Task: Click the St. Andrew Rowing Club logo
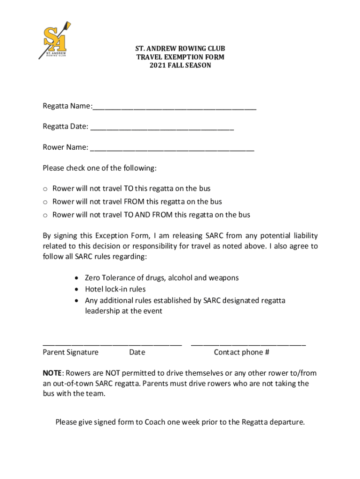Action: (54, 41)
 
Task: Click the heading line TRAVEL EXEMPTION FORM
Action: (180, 57)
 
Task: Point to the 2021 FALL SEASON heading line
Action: (180, 65)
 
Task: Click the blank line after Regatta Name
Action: (174, 108)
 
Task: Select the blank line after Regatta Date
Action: (162, 128)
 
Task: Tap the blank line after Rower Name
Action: (172, 149)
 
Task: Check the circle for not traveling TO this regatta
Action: (46, 189)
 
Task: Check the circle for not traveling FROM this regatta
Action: (46, 202)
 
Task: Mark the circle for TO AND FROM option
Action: (46, 215)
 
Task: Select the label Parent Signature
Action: (71, 352)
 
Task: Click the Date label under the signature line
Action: (137, 352)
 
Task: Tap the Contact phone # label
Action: (241, 352)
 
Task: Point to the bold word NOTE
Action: (52, 373)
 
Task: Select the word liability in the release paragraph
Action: (304, 235)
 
